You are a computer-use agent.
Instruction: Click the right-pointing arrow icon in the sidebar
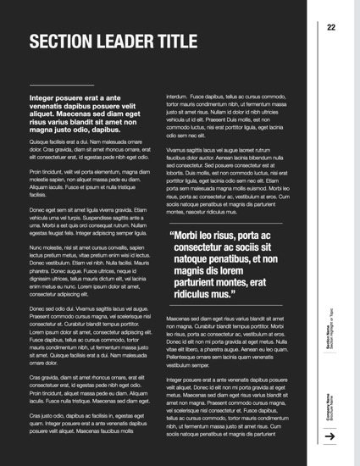click(x=330, y=436)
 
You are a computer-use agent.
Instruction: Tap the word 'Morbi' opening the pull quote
click(x=190, y=236)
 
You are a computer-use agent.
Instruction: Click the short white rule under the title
click(x=56, y=86)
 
